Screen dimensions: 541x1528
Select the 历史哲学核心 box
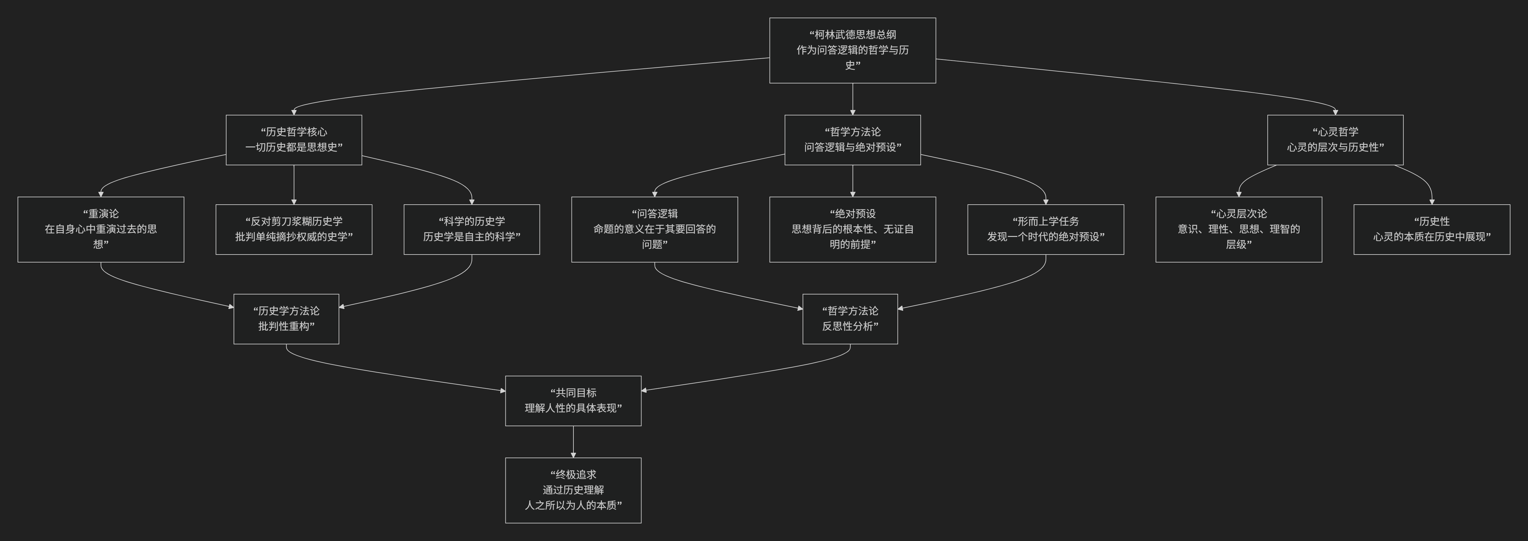294,139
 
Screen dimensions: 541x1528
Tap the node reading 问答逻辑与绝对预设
852,139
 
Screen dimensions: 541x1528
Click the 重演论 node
101,229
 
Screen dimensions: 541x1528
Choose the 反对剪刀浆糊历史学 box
294,229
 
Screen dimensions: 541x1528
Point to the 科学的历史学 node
472,229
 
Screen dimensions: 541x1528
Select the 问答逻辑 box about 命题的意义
654,229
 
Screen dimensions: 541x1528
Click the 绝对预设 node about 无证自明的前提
852,229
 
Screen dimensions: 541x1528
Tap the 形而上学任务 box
1045,229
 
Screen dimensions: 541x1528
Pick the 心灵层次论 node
1239,229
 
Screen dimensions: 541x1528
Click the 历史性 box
1431,229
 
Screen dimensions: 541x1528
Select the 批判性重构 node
286,319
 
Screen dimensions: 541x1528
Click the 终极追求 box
573,490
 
